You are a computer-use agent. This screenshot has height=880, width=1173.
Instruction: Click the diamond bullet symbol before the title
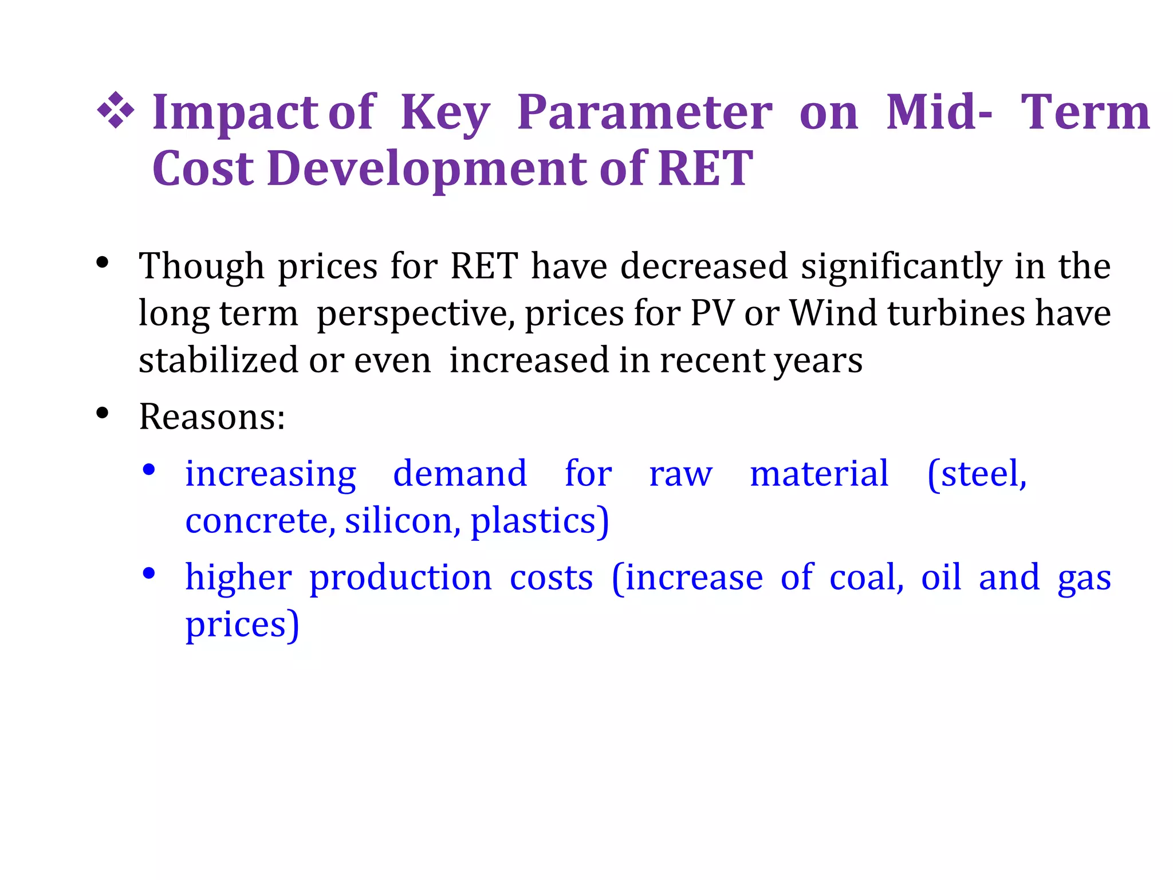click(x=116, y=110)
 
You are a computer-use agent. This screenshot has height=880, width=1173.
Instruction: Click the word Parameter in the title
click(x=644, y=112)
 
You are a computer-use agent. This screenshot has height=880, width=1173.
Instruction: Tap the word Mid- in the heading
click(x=939, y=112)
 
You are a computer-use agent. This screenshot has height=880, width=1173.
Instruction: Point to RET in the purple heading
click(x=705, y=168)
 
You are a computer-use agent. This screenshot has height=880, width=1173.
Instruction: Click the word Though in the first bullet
click(x=201, y=267)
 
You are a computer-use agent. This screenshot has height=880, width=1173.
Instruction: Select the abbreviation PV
click(x=712, y=314)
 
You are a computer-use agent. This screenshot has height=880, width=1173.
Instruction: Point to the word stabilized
click(x=218, y=360)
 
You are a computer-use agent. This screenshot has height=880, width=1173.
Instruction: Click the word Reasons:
click(x=212, y=417)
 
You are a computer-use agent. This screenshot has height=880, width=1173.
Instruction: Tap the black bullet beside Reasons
click(x=103, y=413)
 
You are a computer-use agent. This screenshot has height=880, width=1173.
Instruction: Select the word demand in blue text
click(x=459, y=474)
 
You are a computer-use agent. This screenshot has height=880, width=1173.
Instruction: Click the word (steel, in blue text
click(x=977, y=474)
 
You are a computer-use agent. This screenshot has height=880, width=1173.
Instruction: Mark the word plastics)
click(x=540, y=521)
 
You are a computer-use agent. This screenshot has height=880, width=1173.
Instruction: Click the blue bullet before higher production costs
click(x=149, y=573)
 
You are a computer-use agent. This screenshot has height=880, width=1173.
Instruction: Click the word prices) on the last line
click(x=242, y=624)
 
